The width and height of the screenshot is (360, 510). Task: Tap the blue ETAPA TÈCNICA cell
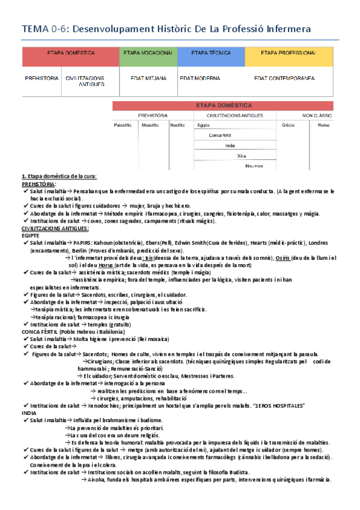[211, 54]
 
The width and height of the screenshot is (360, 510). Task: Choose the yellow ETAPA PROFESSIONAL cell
[288, 54]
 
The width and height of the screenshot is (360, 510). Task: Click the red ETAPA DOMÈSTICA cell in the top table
[71, 54]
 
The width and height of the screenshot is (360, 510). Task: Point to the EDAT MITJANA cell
[148, 78]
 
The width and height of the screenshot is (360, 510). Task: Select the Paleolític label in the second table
[123, 125]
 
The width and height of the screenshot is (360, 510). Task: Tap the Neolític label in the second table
[177, 125]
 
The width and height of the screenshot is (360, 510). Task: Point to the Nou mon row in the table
[255, 165]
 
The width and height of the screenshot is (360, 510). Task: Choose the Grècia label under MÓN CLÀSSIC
[288, 125]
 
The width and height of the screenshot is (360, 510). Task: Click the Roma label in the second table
[323, 125]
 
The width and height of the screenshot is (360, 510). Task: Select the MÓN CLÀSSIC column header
[317, 115]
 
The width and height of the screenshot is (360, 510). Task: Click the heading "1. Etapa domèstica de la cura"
[59, 176]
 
